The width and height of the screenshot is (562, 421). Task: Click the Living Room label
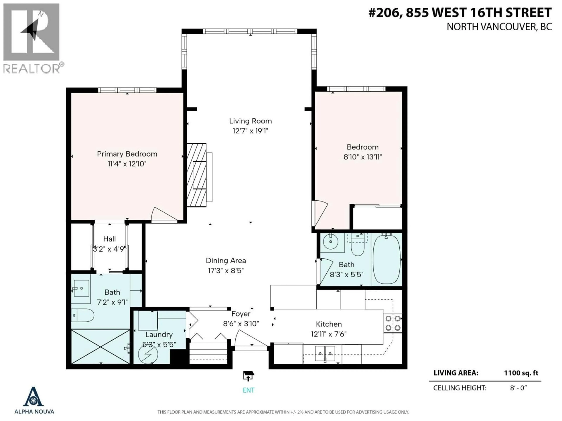tap(250, 121)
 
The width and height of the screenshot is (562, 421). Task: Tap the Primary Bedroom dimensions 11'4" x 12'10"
tap(127, 164)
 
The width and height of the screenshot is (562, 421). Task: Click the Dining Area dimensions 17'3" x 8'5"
tap(226, 271)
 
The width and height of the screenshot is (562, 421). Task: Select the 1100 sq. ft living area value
tap(521, 373)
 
